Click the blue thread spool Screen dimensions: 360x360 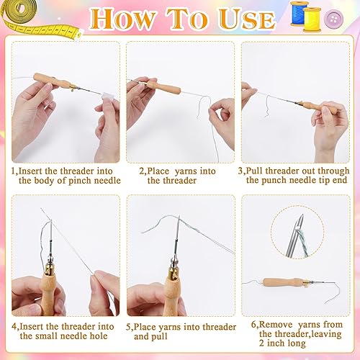300,13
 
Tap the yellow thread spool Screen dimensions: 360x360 312,19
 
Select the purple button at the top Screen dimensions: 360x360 333,18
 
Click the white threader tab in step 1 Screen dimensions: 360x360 107,96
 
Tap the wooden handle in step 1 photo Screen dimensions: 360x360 52,81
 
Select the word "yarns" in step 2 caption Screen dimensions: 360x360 185,171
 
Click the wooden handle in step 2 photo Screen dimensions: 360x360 163,87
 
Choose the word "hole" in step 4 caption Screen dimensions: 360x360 99,336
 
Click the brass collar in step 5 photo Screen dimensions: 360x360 174,271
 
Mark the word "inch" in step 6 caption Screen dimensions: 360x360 276,343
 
